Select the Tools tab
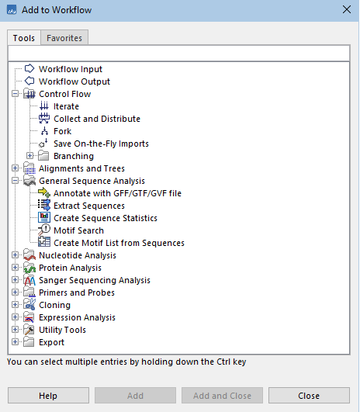click(23, 37)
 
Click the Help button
click(47, 396)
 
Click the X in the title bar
click(346, 9)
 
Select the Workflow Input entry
click(70, 69)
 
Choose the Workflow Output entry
click(74, 81)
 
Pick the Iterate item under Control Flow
click(66, 106)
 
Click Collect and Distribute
click(96, 119)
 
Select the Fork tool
click(62, 131)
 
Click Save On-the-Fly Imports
click(101, 144)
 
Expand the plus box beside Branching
click(30, 156)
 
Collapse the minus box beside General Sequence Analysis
click(16, 181)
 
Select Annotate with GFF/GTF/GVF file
click(117, 193)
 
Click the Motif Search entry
click(78, 230)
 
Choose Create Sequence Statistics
click(105, 218)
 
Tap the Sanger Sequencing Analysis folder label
click(95, 280)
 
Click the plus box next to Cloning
click(16, 305)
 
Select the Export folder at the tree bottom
click(51, 342)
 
